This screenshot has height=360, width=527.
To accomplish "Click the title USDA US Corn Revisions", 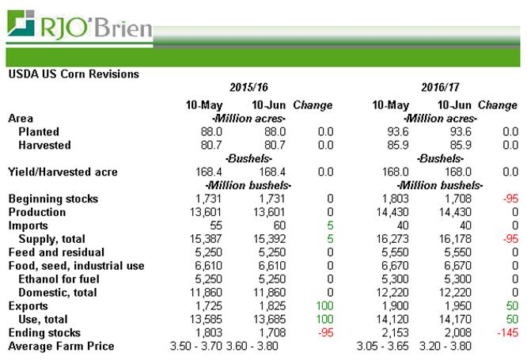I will click(73, 74).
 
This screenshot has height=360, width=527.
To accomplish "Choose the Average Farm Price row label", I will click(61, 346).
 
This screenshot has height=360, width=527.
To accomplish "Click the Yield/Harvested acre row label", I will click(62, 171).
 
